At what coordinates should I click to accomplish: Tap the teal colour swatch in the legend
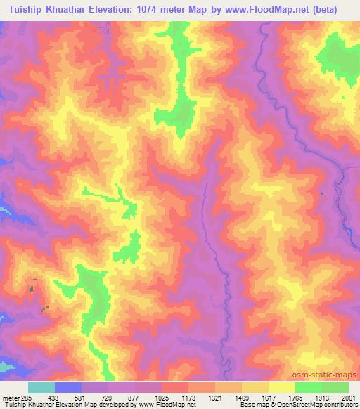(x=41, y=387)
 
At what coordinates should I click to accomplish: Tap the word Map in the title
(x=221, y=10)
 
